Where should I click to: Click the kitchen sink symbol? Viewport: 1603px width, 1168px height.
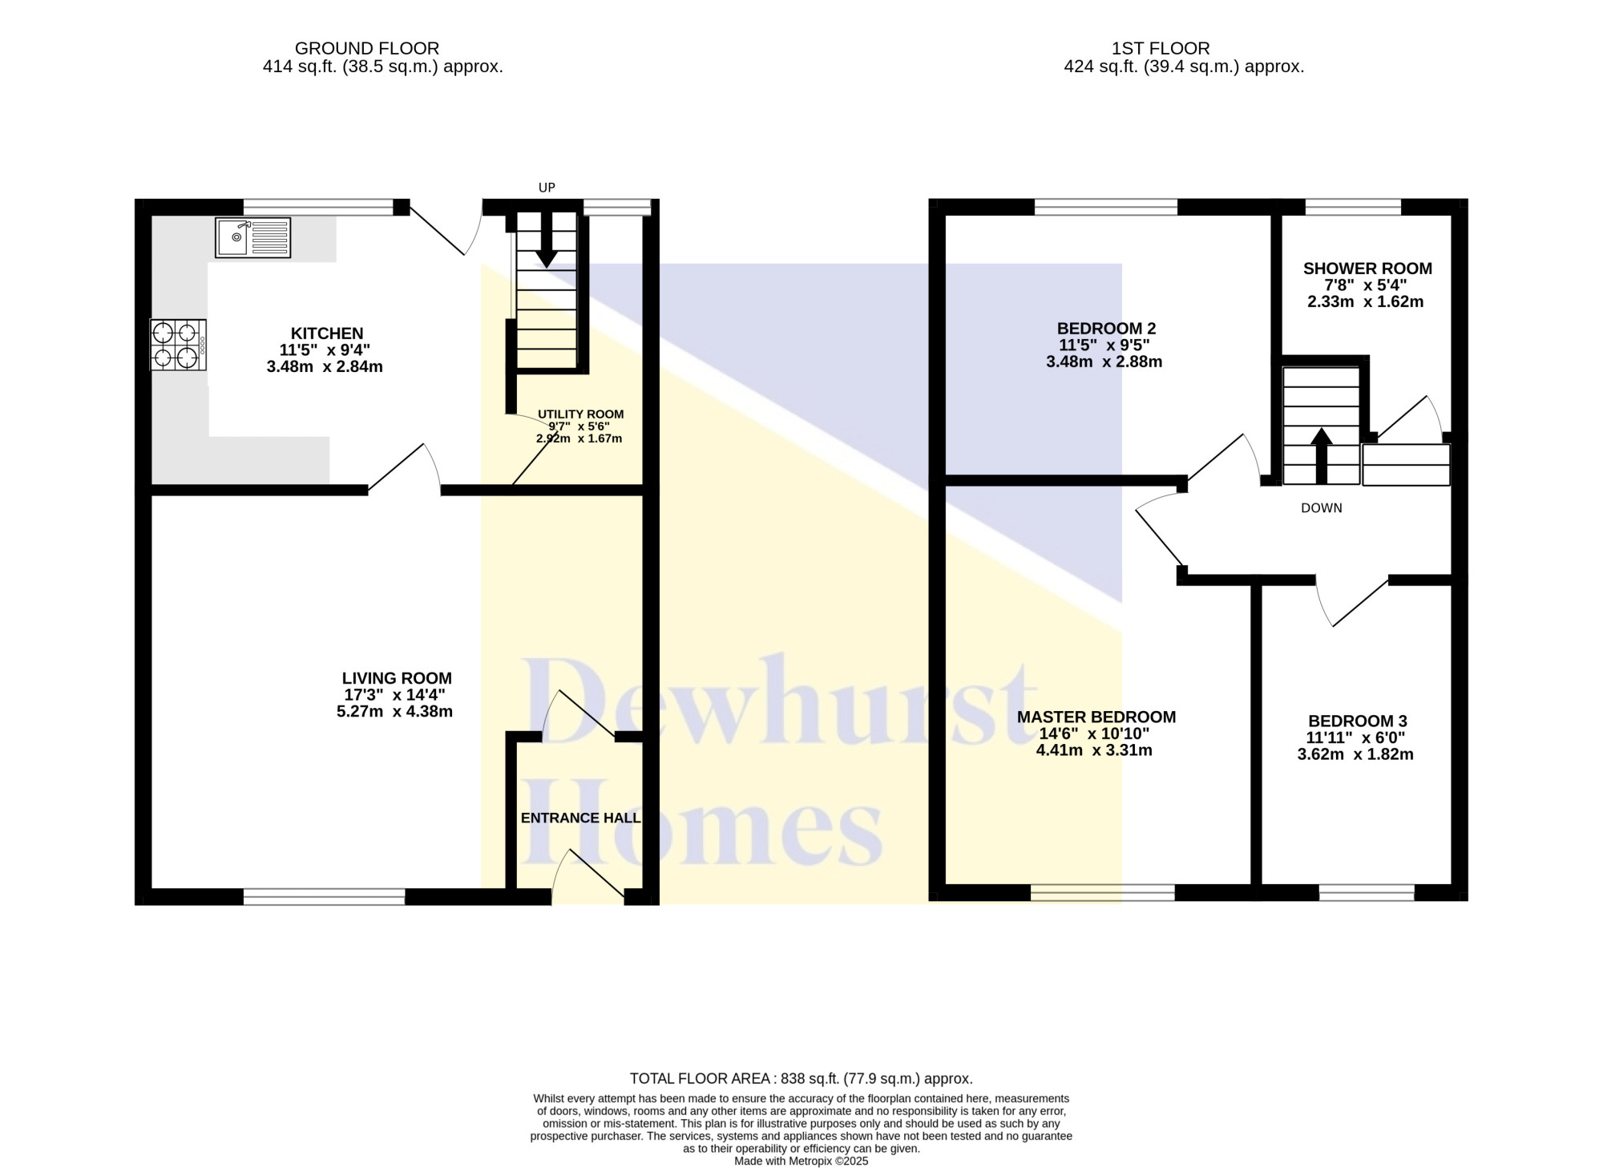pyautogui.click(x=253, y=237)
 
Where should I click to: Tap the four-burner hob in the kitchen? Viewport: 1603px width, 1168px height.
pyautogui.click(x=178, y=345)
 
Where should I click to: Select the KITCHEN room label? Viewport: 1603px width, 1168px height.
pyautogui.click(x=327, y=333)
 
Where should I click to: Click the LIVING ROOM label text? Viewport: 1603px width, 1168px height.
pyautogui.click(x=397, y=678)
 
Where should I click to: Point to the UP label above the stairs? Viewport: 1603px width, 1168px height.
pyautogui.click(x=547, y=188)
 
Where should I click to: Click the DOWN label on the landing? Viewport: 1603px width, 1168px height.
pyautogui.click(x=1322, y=508)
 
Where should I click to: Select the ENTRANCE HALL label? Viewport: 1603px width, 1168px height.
pyautogui.click(x=581, y=818)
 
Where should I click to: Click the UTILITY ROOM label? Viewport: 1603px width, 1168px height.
pyautogui.click(x=581, y=414)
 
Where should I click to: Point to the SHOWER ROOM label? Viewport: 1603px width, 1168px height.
pyautogui.click(x=1367, y=269)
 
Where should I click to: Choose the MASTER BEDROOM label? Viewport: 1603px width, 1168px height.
pyautogui.click(x=1096, y=717)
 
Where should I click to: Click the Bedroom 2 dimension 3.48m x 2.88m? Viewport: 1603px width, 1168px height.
pyautogui.click(x=1104, y=362)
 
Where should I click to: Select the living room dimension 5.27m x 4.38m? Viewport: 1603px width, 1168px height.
pyautogui.click(x=395, y=711)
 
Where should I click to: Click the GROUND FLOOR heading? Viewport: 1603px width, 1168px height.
pyautogui.click(x=367, y=48)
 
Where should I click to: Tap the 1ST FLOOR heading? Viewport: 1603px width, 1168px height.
pyautogui.click(x=1161, y=48)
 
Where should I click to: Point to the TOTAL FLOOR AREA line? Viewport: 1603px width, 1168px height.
pyautogui.click(x=801, y=1079)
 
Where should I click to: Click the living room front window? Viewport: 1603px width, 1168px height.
pyautogui.click(x=325, y=897)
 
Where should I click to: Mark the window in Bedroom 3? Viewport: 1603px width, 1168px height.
pyautogui.click(x=1367, y=892)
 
